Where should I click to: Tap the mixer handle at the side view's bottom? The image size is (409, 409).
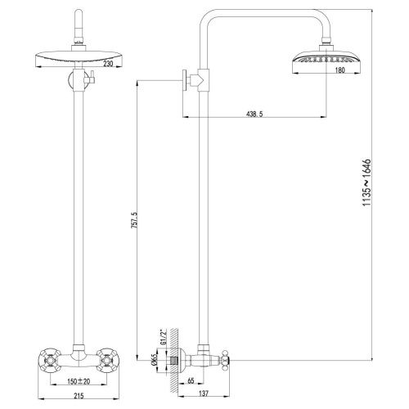point(223,358)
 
